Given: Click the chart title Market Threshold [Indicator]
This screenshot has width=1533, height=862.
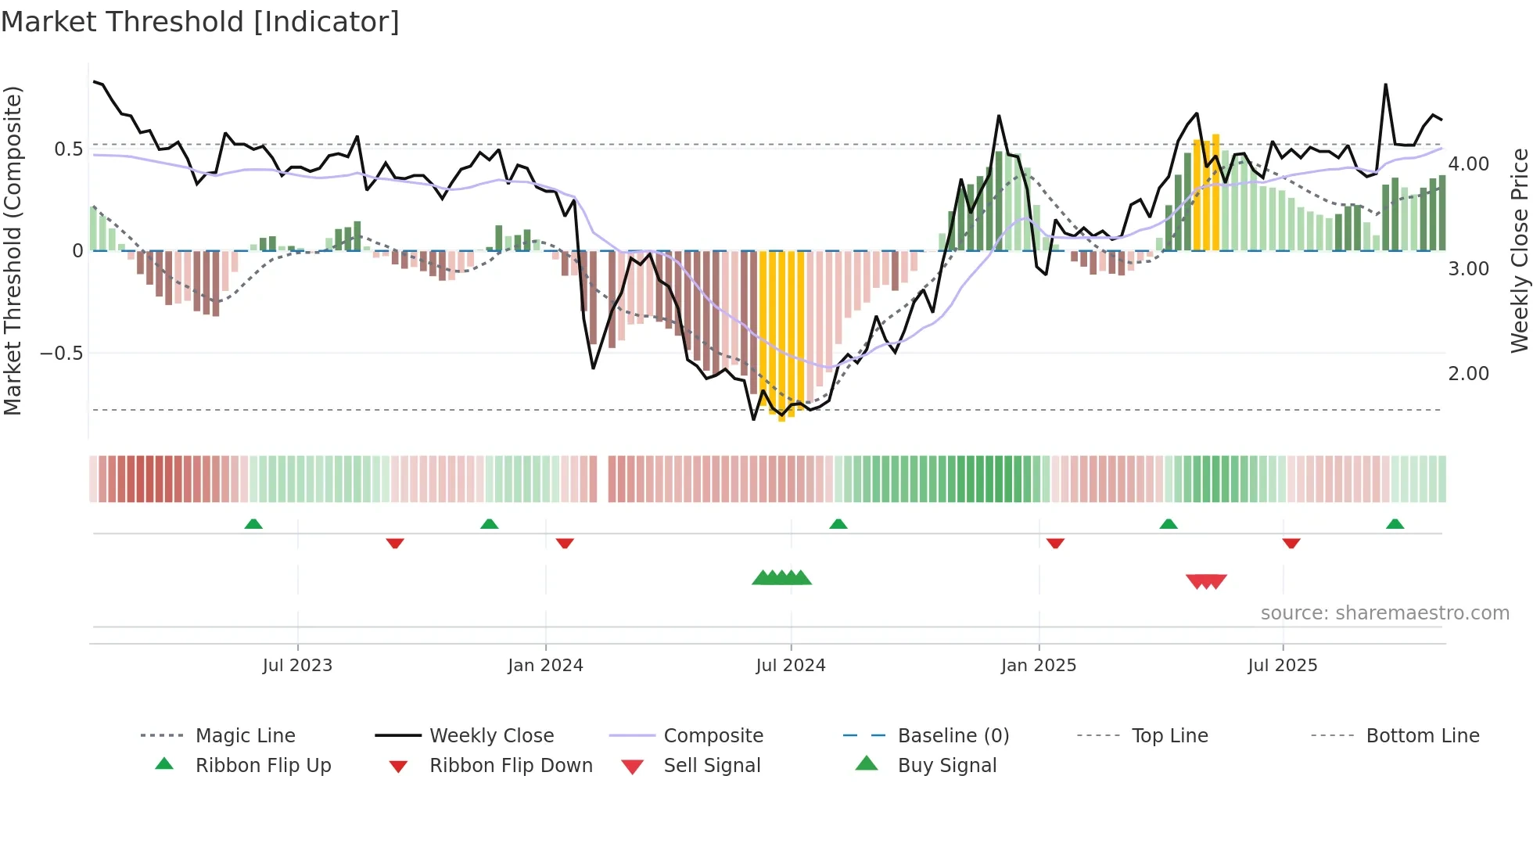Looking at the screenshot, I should click(x=200, y=22).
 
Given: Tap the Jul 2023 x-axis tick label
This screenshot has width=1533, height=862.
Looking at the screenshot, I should click(x=297, y=666).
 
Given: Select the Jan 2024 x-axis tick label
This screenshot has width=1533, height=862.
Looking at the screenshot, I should click(x=545, y=666).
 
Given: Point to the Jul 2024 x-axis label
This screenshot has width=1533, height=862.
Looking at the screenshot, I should click(x=790, y=666).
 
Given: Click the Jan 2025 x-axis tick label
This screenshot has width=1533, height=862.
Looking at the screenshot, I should click(x=1038, y=666).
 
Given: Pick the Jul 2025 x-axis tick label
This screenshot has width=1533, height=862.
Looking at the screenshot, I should click(x=1282, y=666).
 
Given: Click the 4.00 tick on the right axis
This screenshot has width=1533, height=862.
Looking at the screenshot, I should click(x=1468, y=164).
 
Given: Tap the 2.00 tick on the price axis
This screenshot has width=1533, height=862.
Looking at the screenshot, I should click(x=1468, y=374).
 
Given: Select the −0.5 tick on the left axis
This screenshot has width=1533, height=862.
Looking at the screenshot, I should click(x=61, y=354).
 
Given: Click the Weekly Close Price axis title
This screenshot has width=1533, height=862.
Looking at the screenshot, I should click(x=1519, y=250).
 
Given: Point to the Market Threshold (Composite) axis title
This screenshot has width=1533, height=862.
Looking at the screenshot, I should click(x=13, y=250).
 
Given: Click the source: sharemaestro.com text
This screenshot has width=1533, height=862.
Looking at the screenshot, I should click(x=1384, y=613).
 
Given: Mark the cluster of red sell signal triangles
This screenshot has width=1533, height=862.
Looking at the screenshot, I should click(x=1206, y=581).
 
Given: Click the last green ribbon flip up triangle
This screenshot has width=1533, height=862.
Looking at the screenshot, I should click(x=1395, y=524).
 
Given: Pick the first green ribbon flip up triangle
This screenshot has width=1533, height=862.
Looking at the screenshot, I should click(x=253, y=524).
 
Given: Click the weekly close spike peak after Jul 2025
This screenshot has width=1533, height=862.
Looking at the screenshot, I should click(x=1385, y=84).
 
